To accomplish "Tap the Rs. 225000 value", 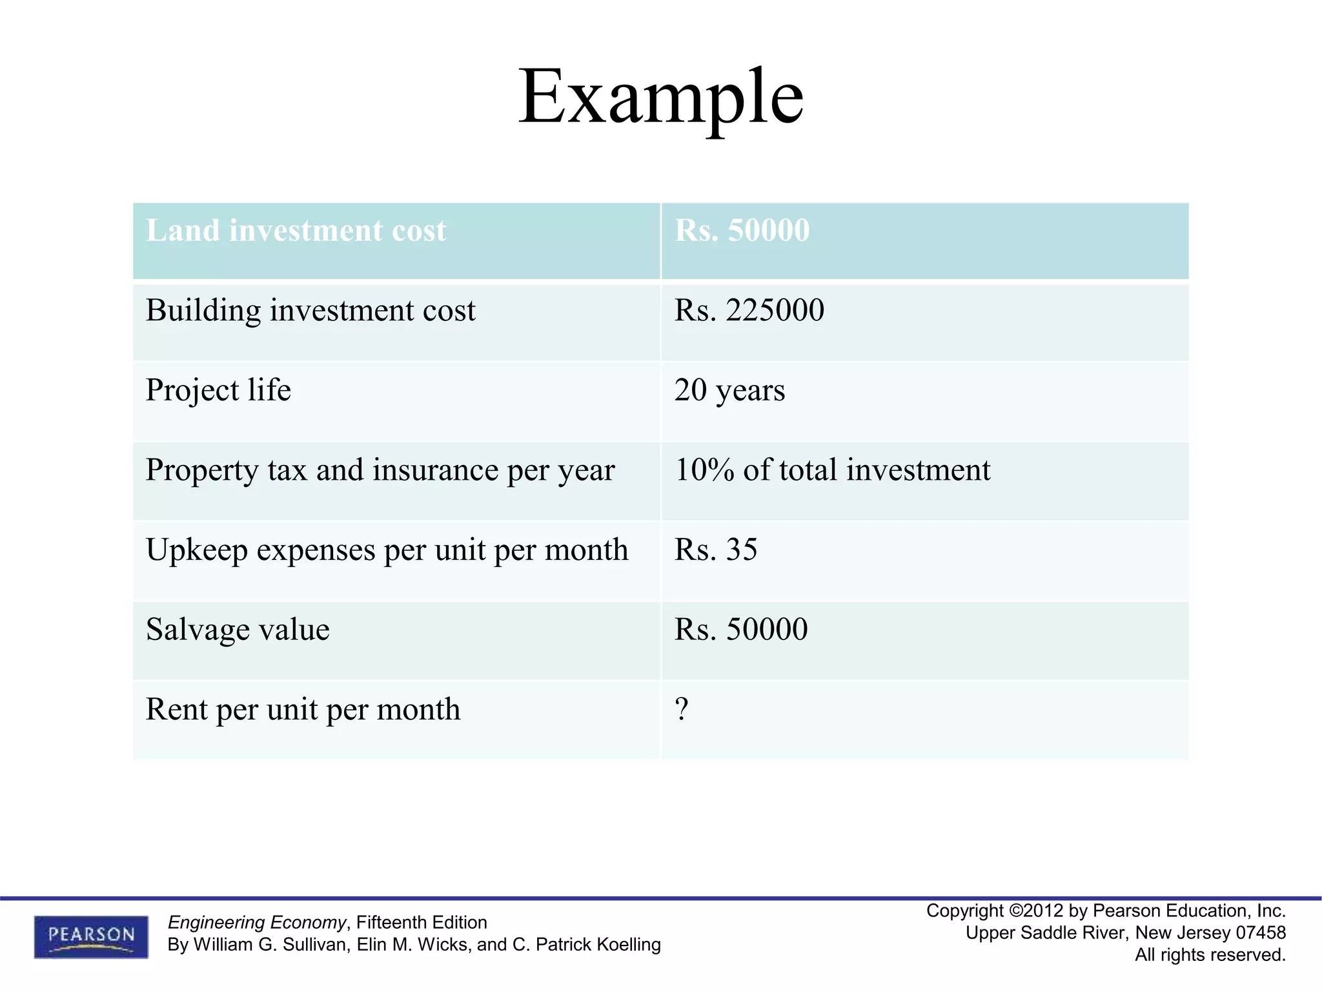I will click(x=749, y=311).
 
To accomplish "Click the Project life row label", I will click(x=218, y=390).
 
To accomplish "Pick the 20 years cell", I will click(x=729, y=390).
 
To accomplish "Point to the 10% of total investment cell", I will click(x=831, y=470).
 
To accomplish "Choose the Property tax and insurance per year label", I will click(x=380, y=470).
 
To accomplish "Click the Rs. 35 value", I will click(x=715, y=550).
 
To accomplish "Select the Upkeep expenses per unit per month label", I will click(x=387, y=550).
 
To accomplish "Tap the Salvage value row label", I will click(x=238, y=630).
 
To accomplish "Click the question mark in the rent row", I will click(x=682, y=709).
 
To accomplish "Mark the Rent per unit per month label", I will click(x=303, y=710).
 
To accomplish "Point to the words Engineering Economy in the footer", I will click(x=256, y=922).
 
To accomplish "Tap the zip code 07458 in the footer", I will click(x=1260, y=933).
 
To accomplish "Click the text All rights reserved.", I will click(x=1210, y=955).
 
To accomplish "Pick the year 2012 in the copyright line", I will click(x=1043, y=911).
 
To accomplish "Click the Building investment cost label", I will click(x=310, y=311).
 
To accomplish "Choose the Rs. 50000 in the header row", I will click(x=742, y=231).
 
